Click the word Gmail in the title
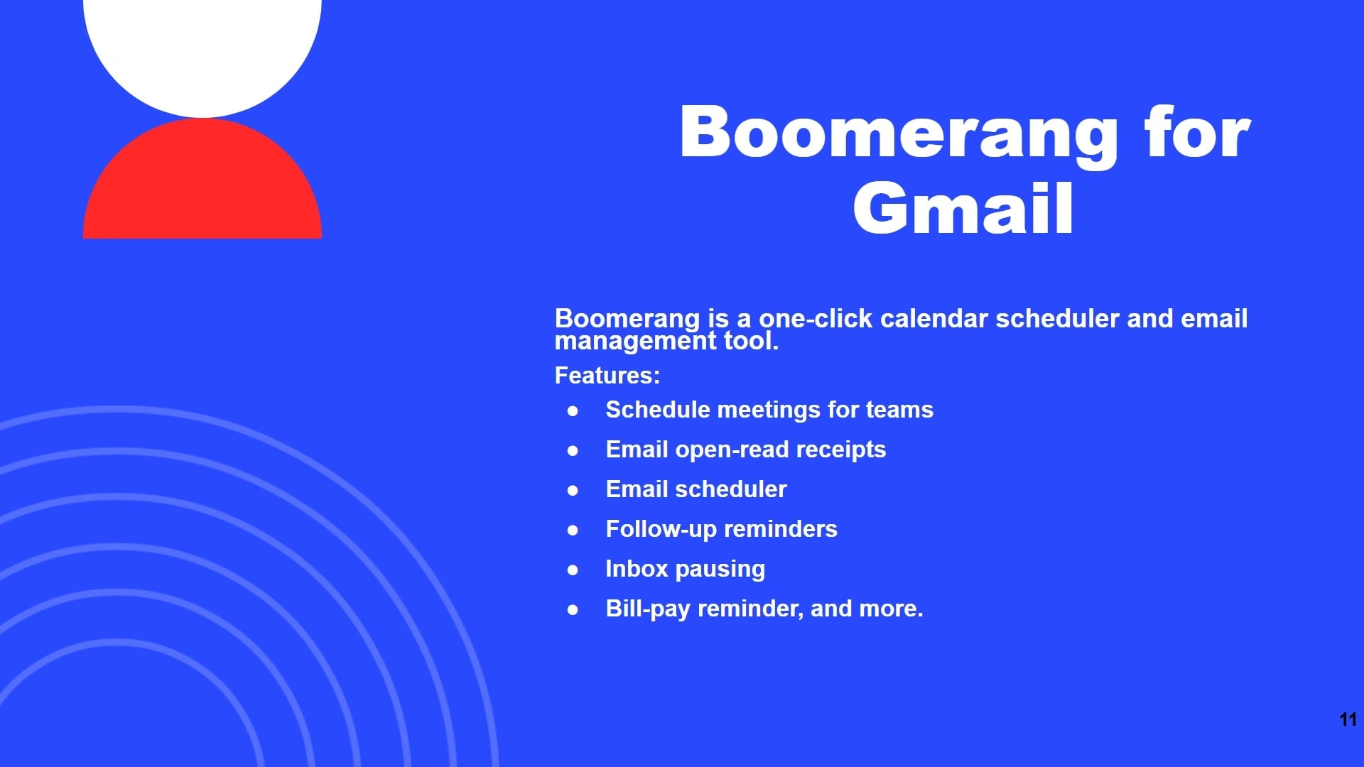click(x=963, y=207)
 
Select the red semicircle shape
click(x=202, y=178)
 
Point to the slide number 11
click(x=1348, y=719)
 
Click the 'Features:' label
click(x=607, y=375)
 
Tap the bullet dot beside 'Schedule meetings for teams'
click(x=573, y=410)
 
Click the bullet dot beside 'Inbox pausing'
click(x=573, y=570)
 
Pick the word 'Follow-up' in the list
click(x=661, y=530)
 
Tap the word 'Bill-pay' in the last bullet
click(x=648, y=609)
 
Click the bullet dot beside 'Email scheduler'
click(x=573, y=490)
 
